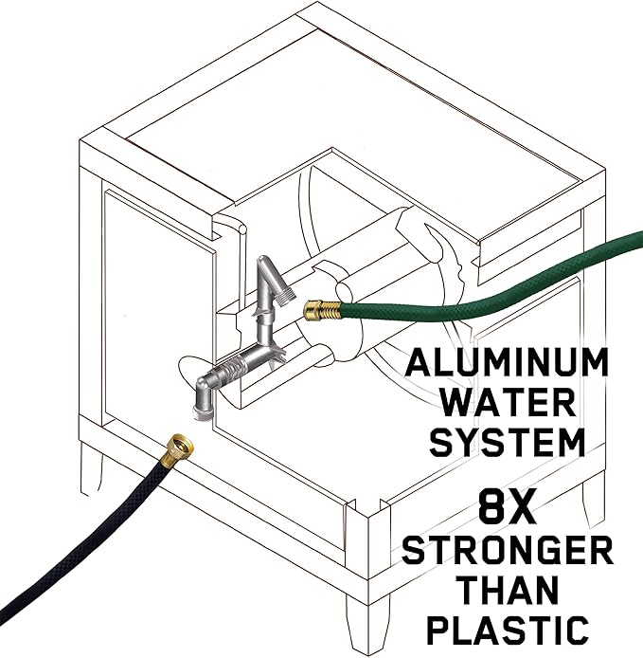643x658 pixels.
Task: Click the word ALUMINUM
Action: click(507, 362)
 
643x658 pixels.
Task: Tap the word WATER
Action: click(509, 402)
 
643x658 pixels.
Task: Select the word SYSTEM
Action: click(508, 443)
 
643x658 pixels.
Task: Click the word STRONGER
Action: click(508, 550)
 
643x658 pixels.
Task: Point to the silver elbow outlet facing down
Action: click(202, 398)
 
